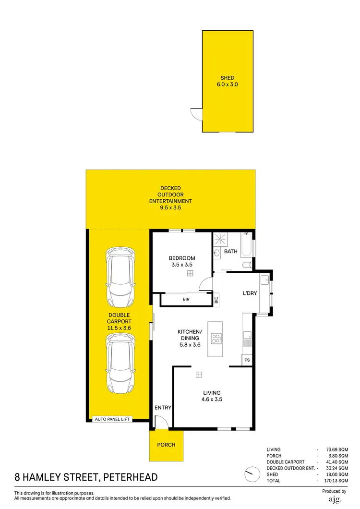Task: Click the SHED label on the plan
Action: (x=227, y=78)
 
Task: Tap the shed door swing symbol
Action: (x=196, y=114)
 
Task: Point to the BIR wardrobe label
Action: (x=186, y=299)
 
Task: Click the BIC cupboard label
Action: (x=216, y=300)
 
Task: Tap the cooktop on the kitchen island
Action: (x=216, y=339)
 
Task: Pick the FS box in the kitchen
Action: (x=247, y=360)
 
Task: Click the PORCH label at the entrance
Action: (x=166, y=445)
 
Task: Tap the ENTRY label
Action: (x=163, y=408)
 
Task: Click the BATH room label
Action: (x=231, y=251)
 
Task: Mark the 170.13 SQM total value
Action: (x=336, y=481)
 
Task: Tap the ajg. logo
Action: (x=334, y=500)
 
